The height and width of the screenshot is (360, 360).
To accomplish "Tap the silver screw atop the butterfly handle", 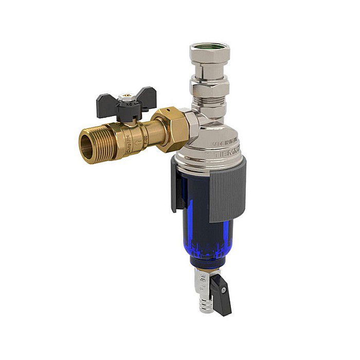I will (x=123, y=96).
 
